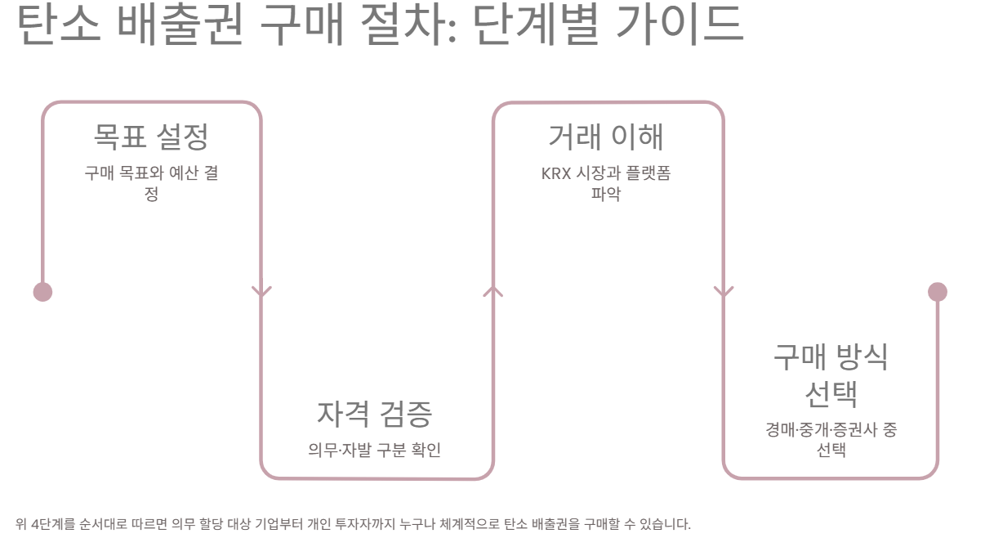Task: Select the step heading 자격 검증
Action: point(375,414)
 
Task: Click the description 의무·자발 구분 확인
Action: point(375,450)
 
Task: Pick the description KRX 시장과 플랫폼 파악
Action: point(606,183)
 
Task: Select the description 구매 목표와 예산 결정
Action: point(151,183)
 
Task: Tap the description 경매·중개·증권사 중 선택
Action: point(831,440)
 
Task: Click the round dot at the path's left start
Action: point(42,292)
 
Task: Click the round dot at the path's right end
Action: point(938,292)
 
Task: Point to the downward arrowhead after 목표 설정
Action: point(261,291)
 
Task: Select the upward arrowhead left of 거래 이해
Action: point(492,291)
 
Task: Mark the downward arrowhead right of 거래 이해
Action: point(724,291)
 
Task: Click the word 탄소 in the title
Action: point(58,25)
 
